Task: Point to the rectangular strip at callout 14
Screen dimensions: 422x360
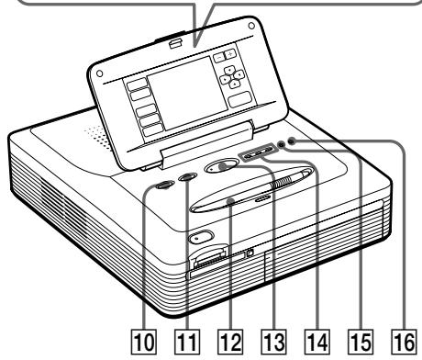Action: [259, 153]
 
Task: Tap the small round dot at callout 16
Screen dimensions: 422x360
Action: [292, 141]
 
